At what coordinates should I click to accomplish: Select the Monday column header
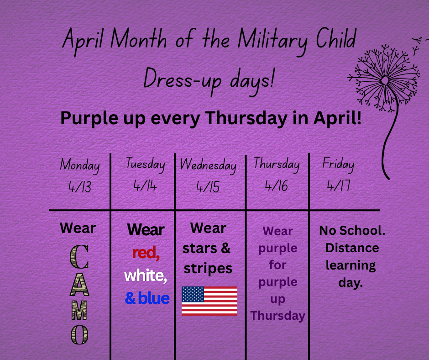click(x=80, y=165)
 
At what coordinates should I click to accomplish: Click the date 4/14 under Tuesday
click(x=145, y=186)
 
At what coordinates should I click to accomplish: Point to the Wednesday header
click(x=209, y=165)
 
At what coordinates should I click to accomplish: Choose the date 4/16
click(x=277, y=186)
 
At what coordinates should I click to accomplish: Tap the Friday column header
click(x=338, y=164)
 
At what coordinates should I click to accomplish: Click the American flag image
click(x=209, y=301)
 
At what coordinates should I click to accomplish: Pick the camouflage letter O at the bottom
click(x=79, y=335)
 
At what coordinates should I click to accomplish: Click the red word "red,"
click(x=146, y=253)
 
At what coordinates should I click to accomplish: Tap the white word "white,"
click(x=146, y=275)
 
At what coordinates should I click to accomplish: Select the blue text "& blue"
click(x=147, y=299)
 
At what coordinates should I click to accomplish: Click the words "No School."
click(x=352, y=230)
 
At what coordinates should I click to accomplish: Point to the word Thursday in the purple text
click(x=277, y=316)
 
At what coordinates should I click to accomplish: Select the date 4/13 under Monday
click(x=80, y=187)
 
